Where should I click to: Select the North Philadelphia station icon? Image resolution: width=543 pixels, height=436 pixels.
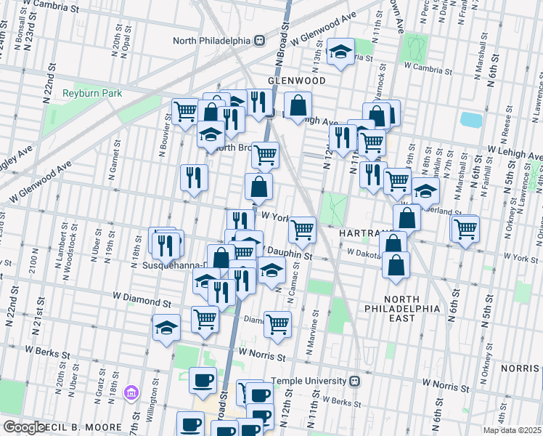tap(260, 41)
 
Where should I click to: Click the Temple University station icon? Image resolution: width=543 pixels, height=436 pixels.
tap(355, 381)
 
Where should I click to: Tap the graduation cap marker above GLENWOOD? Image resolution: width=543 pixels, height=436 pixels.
tap(340, 52)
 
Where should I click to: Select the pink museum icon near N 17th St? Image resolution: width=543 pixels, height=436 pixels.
tap(131, 393)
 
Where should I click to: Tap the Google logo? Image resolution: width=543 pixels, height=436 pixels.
tap(24, 427)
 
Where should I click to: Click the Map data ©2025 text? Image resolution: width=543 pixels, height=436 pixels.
tap(512, 430)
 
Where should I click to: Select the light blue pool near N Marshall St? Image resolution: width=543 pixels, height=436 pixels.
tap(471, 119)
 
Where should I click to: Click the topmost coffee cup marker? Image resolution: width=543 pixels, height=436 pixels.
tap(203, 380)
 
